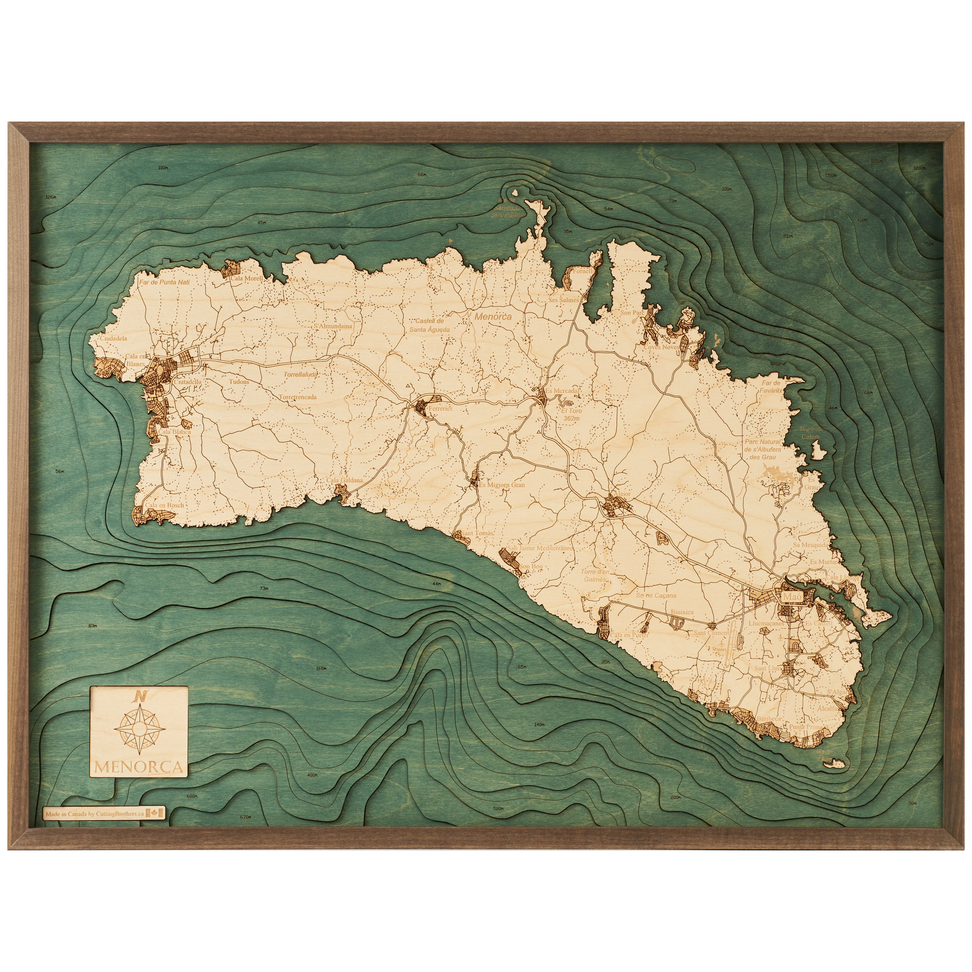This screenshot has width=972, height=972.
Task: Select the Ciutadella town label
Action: pos(188,382)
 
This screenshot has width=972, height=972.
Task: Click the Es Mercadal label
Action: pos(563,391)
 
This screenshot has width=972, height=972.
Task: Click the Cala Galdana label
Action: pos(345,480)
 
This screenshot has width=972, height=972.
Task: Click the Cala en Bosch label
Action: pos(165,505)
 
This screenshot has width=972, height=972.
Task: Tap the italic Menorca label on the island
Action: pos(493,317)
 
